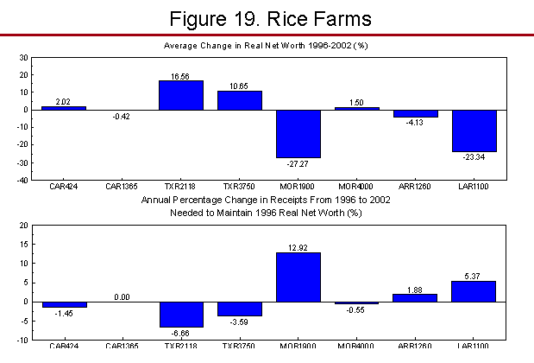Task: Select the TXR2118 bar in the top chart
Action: click(x=181, y=95)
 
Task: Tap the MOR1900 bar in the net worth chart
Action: click(x=298, y=134)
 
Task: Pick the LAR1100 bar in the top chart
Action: click(x=474, y=131)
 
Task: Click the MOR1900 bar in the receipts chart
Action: click(x=298, y=277)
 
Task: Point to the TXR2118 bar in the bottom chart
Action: click(x=181, y=314)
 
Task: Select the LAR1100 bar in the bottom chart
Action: click(x=474, y=291)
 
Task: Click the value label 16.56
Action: click(x=181, y=75)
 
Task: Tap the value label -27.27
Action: click(x=298, y=163)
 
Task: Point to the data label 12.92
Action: click(x=298, y=247)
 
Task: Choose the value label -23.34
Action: click(x=474, y=156)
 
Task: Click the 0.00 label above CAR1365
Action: click(x=123, y=296)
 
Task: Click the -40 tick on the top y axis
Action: click(x=22, y=181)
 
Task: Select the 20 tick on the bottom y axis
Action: click(x=24, y=225)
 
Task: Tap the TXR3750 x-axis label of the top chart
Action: click(x=240, y=187)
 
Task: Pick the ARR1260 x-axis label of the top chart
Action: click(x=415, y=187)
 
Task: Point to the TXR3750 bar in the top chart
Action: click(x=240, y=100)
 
